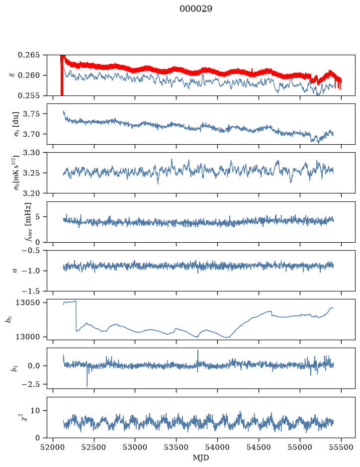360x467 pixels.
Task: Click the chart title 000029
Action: pos(195,9)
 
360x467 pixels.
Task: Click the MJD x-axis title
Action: pos(201,458)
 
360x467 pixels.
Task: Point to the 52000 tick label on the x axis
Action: pos(53,447)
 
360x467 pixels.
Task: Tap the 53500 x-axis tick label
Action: pos(177,447)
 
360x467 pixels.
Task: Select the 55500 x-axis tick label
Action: pos(341,447)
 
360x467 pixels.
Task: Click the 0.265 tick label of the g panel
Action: pos(28,55)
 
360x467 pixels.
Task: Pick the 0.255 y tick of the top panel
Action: pos(28,95)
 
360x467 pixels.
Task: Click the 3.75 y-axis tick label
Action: pos(33,114)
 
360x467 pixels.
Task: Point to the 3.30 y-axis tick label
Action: pos(33,153)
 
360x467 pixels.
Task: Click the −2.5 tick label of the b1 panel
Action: pos(30,384)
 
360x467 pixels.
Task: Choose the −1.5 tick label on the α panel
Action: pos(30,291)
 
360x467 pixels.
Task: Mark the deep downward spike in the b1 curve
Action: pos(87,386)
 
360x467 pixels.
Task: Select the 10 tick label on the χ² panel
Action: pos(36,411)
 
